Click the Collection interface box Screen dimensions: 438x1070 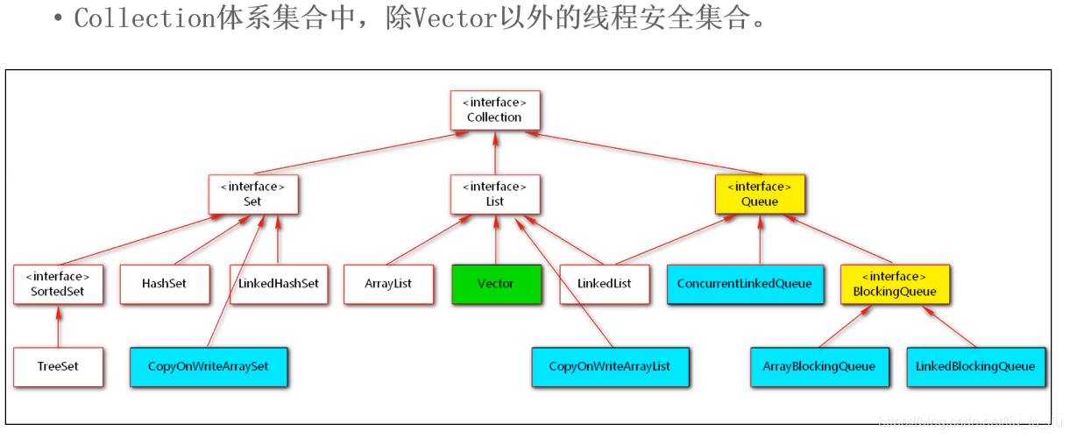pos(494,110)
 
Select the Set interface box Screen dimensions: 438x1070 pos(252,194)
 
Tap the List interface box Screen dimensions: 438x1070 pos(494,194)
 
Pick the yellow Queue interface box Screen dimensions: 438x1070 pos(759,194)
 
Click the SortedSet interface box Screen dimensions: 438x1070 pos(58,284)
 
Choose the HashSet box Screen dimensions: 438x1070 pos(164,284)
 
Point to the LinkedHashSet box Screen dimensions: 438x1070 pos(279,284)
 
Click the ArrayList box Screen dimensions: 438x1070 pos(388,284)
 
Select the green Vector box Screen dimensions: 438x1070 pos(496,284)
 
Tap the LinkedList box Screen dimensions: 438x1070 pos(605,284)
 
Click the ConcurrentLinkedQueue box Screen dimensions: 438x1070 pos(744,284)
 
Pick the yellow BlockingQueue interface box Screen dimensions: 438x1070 pos(894,284)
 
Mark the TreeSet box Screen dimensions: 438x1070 pos(58,366)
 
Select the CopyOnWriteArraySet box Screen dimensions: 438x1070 pos(209,366)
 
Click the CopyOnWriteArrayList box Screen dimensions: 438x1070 pos(609,366)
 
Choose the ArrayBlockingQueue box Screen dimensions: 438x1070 pos(819,366)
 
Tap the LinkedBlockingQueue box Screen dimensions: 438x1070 pos(974,366)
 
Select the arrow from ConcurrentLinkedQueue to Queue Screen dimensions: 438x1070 pos(759,240)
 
